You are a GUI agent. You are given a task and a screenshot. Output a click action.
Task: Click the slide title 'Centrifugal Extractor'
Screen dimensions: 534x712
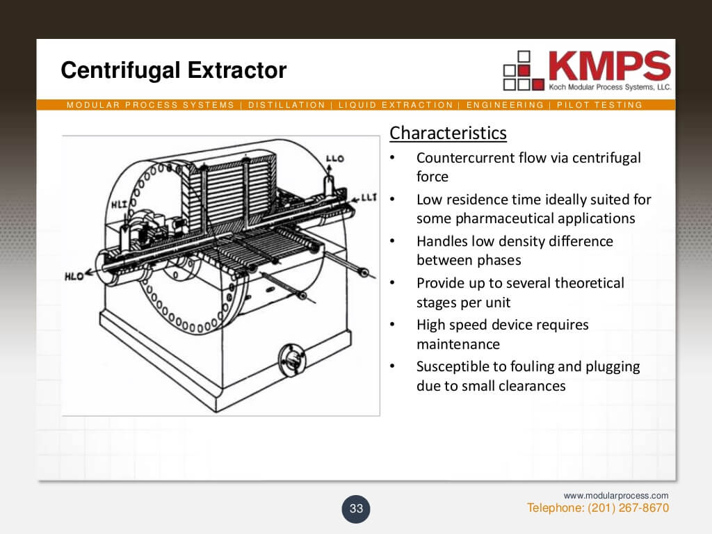pyautogui.click(x=173, y=70)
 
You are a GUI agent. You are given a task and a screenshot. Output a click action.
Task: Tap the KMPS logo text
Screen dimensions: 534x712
pyautogui.click(x=609, y=66)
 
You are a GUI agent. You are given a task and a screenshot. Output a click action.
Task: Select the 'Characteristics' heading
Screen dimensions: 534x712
pyautogui.click(x=448, y=133)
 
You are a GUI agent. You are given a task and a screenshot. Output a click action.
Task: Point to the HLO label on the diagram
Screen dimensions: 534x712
pyautogui.click(x=74, y=276)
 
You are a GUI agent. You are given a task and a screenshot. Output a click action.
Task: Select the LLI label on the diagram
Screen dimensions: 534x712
pyautogui.click(x=369, y=197)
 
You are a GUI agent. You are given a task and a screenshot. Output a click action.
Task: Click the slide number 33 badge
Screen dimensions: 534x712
pyautogui.click(x=356, y=508)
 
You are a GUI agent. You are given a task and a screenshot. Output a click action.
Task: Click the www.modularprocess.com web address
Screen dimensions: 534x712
pyautogui.click(x=615, y=496)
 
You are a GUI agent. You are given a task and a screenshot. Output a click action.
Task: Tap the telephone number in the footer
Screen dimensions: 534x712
pyautogui.click(x=598, y=508)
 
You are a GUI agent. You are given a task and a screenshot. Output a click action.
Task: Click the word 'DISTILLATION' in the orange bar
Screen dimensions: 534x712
pyautogui.click(x=286, y=105)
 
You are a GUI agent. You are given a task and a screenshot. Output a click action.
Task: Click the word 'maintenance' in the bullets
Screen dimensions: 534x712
pyautogui.click(x=458, y=344)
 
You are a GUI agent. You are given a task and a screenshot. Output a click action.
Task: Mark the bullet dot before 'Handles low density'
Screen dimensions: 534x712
pyautogui.click(x=393, y=242)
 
